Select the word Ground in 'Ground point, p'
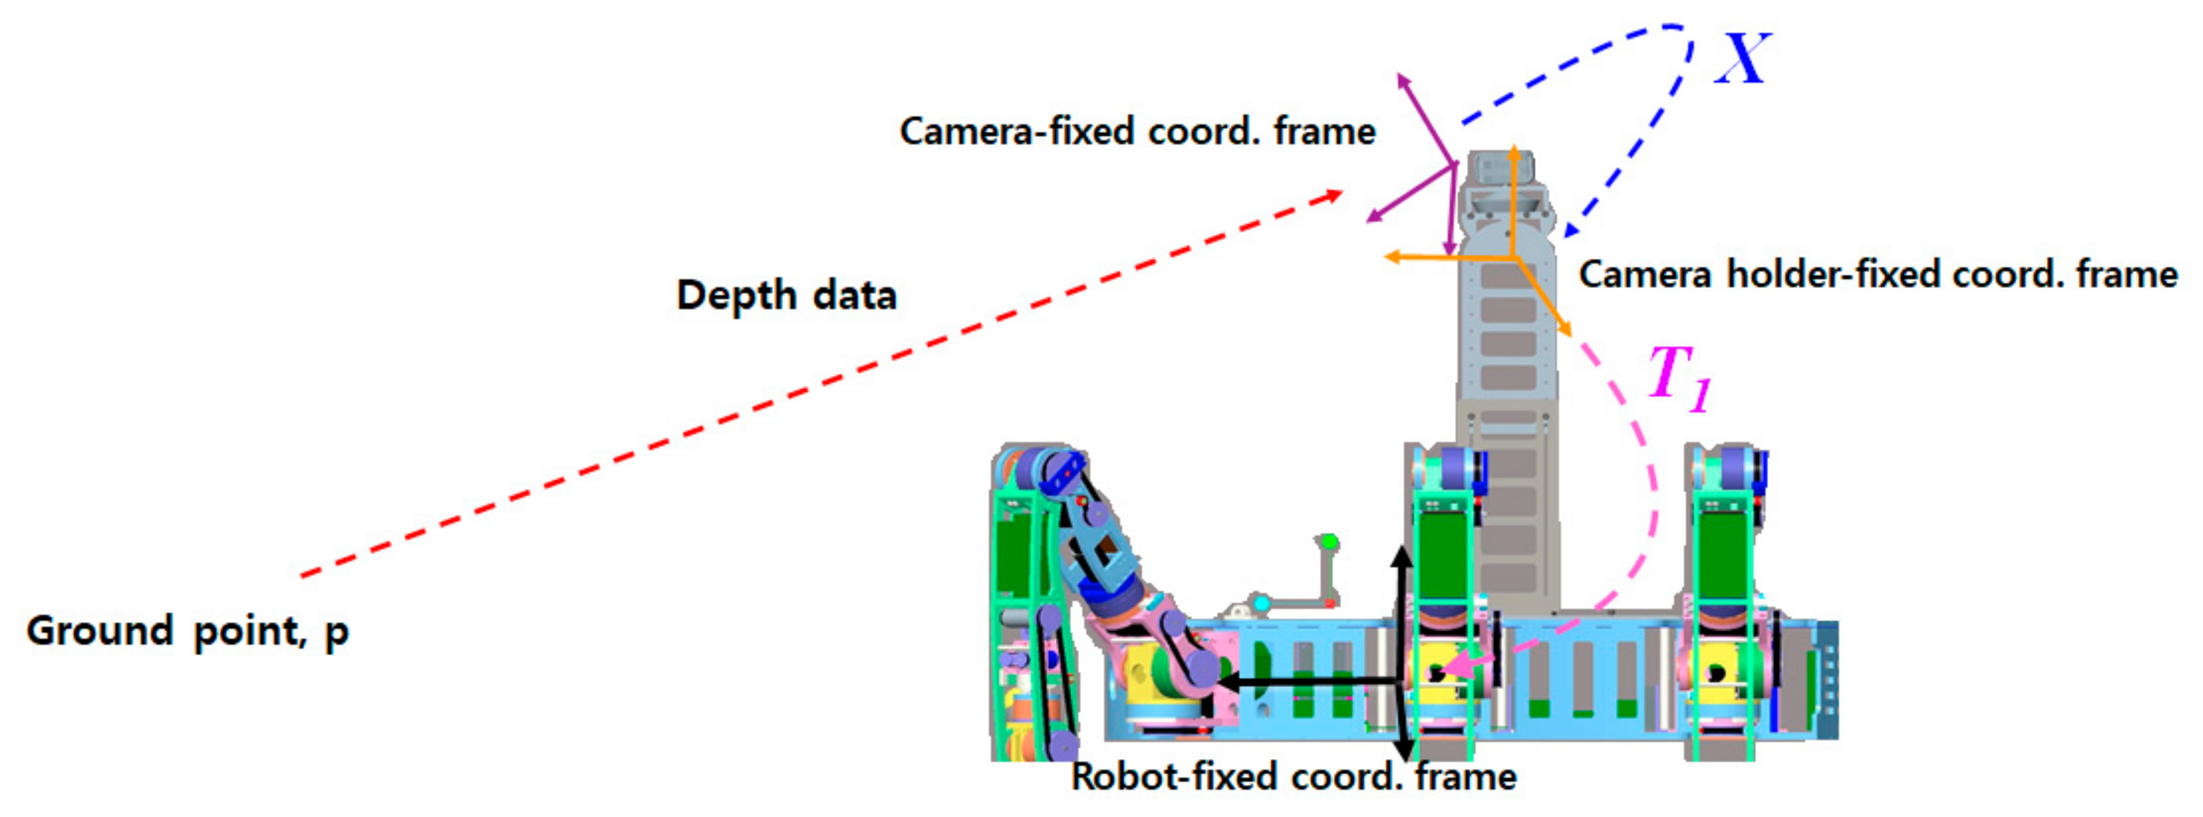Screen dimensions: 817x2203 pyautogui.click(x=100, y=631)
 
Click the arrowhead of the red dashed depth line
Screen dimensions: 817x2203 pyautogui.click(x=1334, y=196)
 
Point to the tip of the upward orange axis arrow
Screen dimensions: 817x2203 pyautogui.click(x=1513, y=150)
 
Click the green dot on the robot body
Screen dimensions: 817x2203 pyautogui.click(x=1329, y=541)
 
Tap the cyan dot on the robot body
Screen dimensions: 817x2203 pyautogui.click(x=1261, y=604)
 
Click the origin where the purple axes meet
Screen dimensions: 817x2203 pyautogui.click(x=1453, y=164)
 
